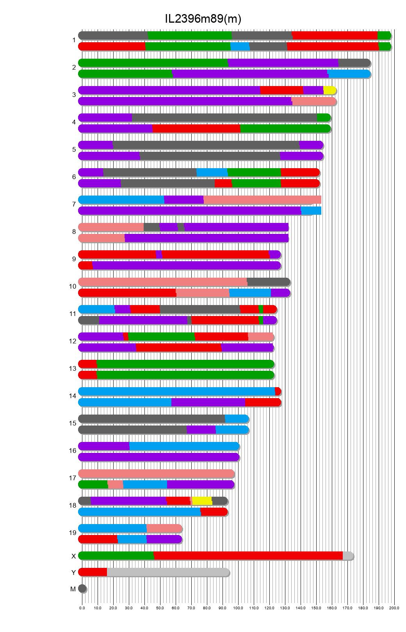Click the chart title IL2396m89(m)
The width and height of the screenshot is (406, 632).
[x=203, y=19]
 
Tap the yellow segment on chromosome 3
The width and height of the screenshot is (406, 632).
[x=329, y=90]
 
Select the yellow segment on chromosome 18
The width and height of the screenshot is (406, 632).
[x=202, y=501]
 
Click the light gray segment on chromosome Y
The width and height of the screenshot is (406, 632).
[x=168, y=572]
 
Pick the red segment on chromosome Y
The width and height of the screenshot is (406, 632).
[x=93, y=572]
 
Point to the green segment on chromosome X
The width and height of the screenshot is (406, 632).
[x=116, y=556]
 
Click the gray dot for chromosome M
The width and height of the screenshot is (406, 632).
[x=82, y=589]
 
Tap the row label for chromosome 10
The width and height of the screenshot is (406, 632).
[x=73, y=287]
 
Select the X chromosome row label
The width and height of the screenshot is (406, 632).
[x=73, y=556]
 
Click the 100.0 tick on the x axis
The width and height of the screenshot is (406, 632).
[x=238, y=608]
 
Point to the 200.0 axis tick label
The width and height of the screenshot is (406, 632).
[x=394, y=608]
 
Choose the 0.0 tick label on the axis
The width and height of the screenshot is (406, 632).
[x=82, y=608]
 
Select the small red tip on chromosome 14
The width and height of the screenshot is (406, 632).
[x=278, y=391]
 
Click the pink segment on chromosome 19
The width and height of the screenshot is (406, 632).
[x=164, y=528]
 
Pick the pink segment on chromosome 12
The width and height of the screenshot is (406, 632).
[x=260, y=337]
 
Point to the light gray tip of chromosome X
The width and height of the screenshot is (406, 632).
[x=347, y=556]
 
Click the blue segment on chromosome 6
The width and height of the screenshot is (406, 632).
[x=212, y=172]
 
